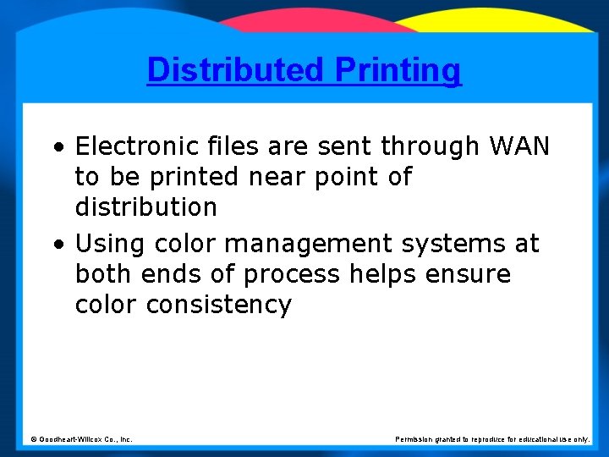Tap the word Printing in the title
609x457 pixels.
coord(398,69)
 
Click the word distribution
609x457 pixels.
coord(146,207)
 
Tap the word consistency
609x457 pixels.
coord(219,305)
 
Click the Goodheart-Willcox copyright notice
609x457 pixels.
coord(81,439)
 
